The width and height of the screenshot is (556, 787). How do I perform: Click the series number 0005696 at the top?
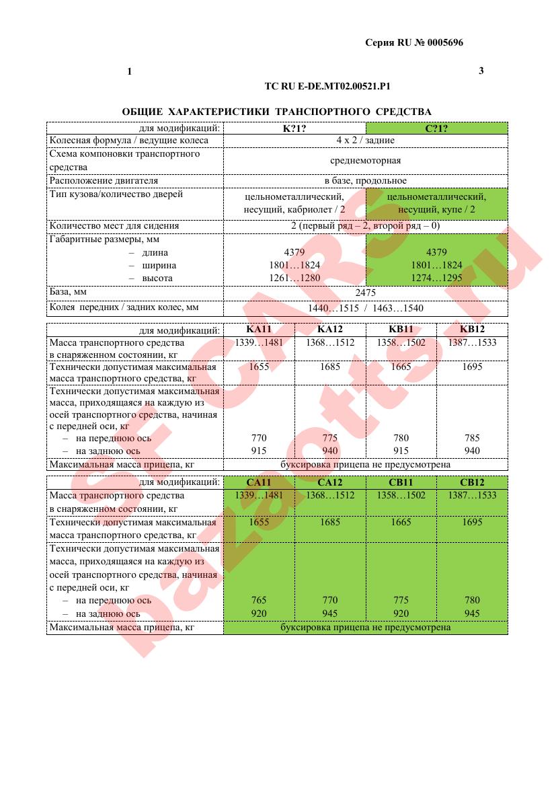tap(440, 43)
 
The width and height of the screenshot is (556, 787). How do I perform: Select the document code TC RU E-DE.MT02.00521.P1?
tap(328, 87)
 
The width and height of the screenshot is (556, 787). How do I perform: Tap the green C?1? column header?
tap(436, 128)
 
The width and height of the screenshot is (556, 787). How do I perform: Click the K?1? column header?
tap(294, 128)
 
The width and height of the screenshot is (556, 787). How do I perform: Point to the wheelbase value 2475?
tap(365, 293)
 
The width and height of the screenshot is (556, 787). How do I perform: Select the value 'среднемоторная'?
tap(365, 160)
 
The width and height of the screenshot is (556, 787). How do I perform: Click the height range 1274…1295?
tap(436, 278)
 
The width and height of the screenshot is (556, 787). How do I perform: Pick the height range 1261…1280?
tap(294, 278)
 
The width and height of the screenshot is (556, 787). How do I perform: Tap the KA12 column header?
tap(330, 330)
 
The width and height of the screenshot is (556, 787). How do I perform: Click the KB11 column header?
tap(401, 330)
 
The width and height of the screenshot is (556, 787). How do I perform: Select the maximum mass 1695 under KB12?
tap(472, 367)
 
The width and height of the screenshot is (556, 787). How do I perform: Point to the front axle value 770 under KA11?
tap(259, 438)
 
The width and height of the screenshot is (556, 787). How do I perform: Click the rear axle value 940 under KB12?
tap(472, 451)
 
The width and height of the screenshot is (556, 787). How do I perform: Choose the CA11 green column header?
tap(259, 482)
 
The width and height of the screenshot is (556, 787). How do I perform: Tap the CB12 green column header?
tap(472, 482)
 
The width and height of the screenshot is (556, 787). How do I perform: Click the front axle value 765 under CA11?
tap(259, 600)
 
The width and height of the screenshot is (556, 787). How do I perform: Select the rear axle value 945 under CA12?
tap(330, 613)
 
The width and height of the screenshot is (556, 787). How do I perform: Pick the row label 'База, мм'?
tap(68, 293)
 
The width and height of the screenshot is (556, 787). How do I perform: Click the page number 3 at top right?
tap(481, 71)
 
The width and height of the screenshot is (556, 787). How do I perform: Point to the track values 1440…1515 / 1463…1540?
tap(365, 308)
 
